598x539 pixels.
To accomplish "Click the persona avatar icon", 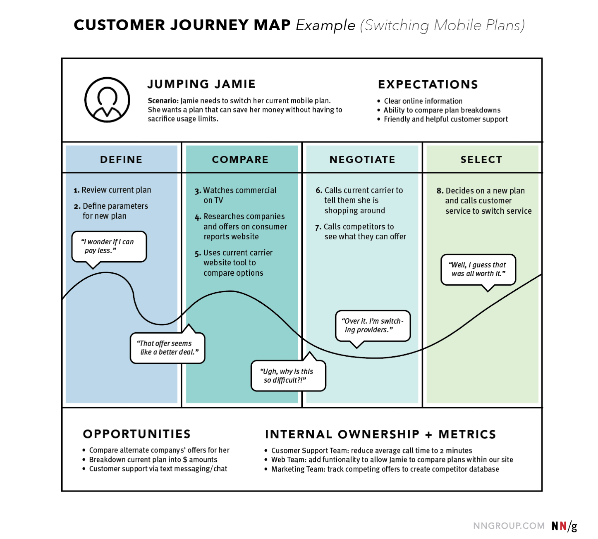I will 107,100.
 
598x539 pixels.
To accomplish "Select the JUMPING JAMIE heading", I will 201,84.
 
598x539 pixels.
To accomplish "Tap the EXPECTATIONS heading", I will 428,84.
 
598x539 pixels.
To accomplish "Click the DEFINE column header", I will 121,160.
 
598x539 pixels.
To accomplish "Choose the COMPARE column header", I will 240,160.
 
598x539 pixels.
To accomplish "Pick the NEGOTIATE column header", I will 362,160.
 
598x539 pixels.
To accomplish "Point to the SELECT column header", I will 481,160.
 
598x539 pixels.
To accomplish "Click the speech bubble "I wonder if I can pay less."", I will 109,246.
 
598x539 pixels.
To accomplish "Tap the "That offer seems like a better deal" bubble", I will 167,348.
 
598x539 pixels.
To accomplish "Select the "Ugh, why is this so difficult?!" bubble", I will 288,376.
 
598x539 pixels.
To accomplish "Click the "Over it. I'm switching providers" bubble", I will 373,325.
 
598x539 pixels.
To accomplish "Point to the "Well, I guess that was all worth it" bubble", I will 478,269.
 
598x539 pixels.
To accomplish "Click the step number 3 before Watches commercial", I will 198,191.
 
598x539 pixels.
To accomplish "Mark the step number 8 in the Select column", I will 440,191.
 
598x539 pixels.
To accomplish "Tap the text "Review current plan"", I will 116,190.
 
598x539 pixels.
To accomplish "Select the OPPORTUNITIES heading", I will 136,434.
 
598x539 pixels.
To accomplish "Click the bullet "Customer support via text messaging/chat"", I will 158,469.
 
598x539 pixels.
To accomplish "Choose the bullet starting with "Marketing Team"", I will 385,469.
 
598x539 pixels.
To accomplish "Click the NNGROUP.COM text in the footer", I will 508,526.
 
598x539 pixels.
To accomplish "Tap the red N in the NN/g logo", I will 563,526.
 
